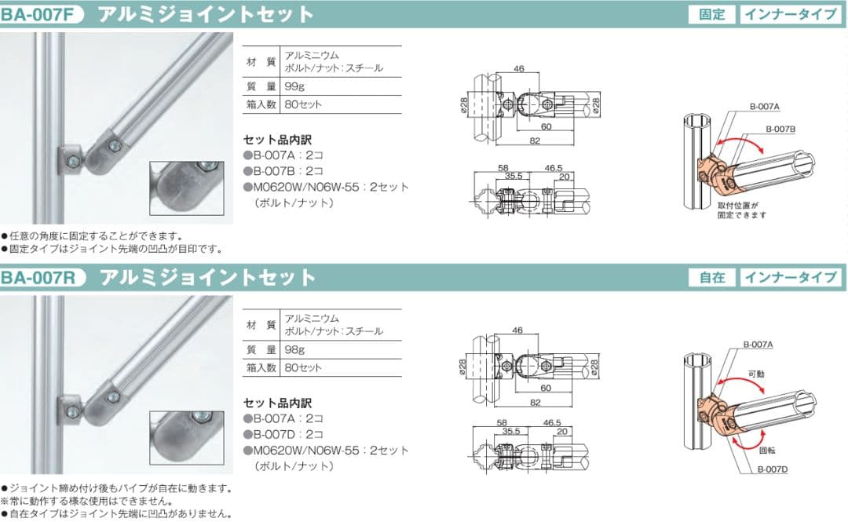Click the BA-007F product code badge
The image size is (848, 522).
tap(42, 14)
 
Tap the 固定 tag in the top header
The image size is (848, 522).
tap(712, 14)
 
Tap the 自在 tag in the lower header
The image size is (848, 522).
tap(712, 277)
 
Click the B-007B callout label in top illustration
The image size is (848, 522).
tap(780, 129)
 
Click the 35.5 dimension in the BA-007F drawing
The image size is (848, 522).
tap(514, 177)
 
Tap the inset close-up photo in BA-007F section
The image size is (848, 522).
tap(186, 188)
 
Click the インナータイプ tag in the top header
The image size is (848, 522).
tap(790, 14)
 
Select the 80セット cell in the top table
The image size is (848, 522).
tap(303, 104)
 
